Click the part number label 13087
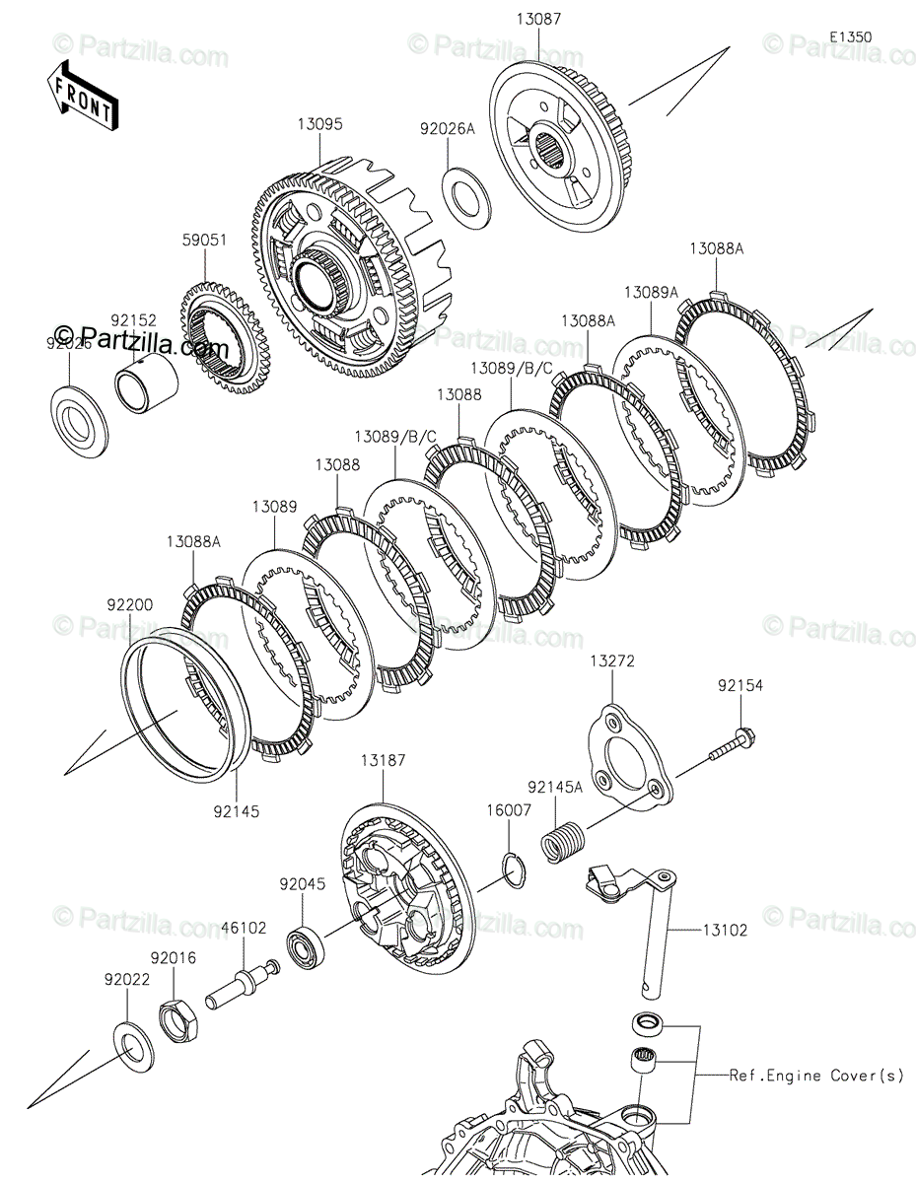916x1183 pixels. click(x=537, y=19)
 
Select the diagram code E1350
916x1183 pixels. click(x=850, y=36)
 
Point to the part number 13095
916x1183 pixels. click(x=318, y=125)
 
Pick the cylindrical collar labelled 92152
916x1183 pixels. click(x=149, y=386)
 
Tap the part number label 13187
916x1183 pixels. click(x=383, y=761)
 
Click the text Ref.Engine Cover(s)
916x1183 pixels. click(x=815, y=1076)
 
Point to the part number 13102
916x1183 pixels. click(x=726, y=929)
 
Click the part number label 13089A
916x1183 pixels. click(x=651, y=292)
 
